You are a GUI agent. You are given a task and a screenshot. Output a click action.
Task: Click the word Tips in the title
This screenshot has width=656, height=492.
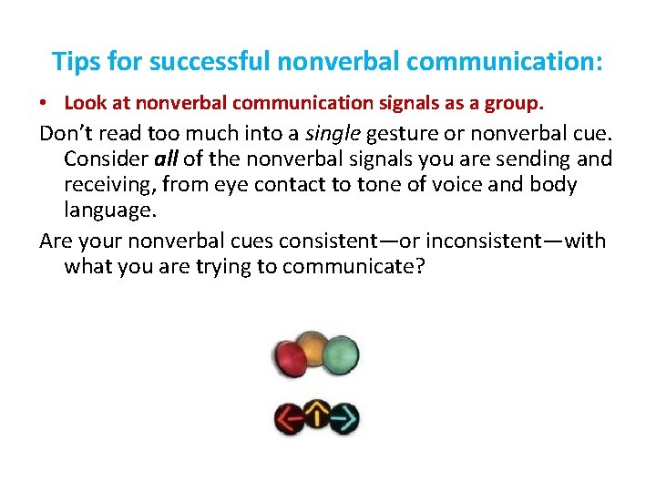pos(74,62)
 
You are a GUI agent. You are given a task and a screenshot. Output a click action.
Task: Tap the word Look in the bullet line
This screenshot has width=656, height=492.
pos(81,105)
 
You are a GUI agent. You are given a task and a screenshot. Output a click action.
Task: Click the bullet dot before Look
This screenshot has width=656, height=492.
pos(45,105)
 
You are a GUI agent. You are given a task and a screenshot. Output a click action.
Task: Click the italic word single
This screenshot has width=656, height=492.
pos(333,134)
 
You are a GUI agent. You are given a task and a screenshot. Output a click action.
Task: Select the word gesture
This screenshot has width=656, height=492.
pos(405,134)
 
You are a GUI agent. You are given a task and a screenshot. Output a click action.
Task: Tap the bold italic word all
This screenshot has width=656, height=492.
pos(165,160)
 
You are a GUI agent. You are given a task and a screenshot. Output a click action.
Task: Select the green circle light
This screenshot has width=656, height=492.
pos(342,353)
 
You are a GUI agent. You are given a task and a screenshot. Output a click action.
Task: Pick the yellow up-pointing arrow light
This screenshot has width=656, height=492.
pos(317,415)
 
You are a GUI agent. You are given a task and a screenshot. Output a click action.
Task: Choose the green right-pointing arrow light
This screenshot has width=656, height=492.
pos(344,420)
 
